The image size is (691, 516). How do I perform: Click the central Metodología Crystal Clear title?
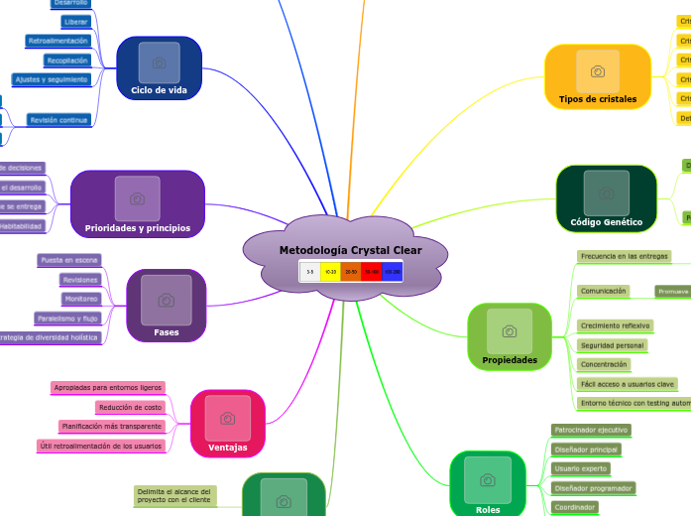click(x=350, y=250)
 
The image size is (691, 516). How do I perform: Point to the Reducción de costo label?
click(x=130, y=407)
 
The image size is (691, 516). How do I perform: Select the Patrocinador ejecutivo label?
click(x=590, y=431)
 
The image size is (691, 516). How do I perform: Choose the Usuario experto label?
click(x=580, y=468)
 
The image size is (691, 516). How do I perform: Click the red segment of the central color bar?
click(x=371, y=271)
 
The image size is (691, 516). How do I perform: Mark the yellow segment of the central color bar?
click(x=330, y=271)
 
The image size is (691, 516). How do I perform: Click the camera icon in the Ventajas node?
click(x=227, y=419)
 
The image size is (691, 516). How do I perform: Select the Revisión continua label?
click(x=58, y=120)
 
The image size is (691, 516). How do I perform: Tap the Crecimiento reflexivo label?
click(x=615, y=325)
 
